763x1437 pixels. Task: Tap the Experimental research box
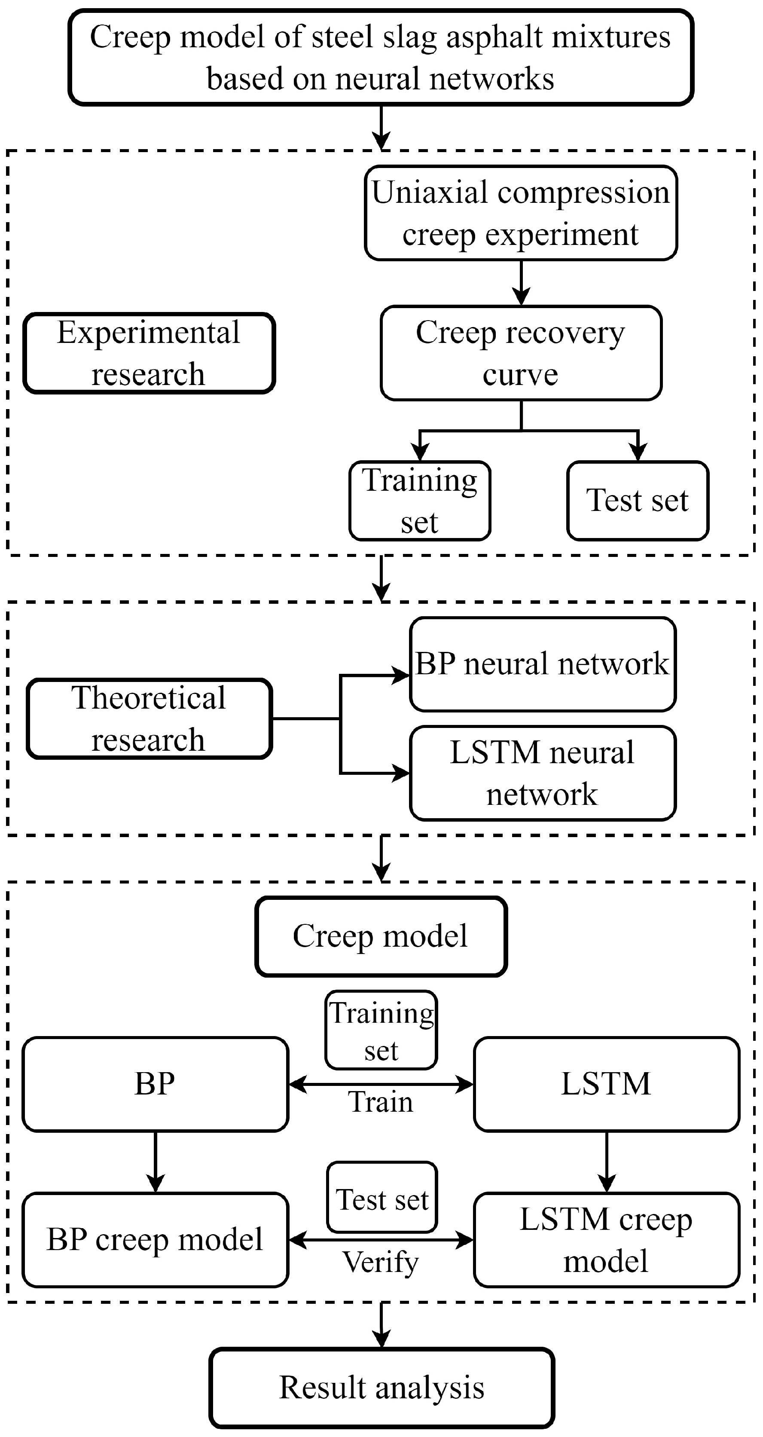pos(149,353)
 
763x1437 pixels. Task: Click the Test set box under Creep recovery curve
pos(638,500)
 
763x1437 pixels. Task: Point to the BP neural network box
pos(542,664)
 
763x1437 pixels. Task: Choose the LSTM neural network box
pos(542,773)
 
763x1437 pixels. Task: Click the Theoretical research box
pos(149,718)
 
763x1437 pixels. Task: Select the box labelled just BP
pos(155,1084)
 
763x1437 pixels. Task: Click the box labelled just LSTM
pos(606,1084)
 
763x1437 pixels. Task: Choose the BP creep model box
pos(155,1239)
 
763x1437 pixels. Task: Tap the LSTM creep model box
pos(606,1239)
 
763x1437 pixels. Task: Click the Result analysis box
pos(381,1387)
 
